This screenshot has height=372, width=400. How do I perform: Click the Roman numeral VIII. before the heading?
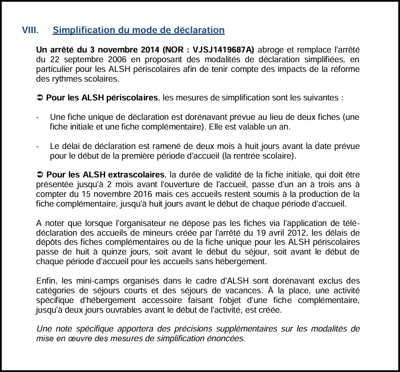click(x=30, y=30)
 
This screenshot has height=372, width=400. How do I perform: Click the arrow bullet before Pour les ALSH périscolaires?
click(x=40, y=98)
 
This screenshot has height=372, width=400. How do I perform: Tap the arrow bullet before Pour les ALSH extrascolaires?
click(x=40, y=174)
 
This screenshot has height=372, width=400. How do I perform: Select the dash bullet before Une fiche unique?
click(x=38, y=117)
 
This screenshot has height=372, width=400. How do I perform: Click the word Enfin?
click(x=46, y=280)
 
